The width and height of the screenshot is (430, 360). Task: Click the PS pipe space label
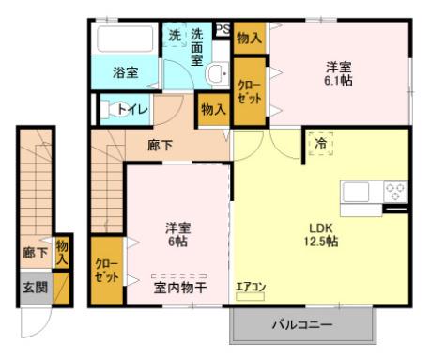(223, 29)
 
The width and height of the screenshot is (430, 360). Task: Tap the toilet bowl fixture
(115, 109)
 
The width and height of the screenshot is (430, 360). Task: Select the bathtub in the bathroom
(125, 39)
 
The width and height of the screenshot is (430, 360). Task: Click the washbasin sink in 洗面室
(218, 73)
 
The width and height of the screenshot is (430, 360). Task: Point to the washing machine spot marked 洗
(175, 36)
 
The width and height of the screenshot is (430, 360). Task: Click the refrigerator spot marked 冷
(320, 144)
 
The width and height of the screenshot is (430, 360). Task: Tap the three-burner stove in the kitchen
(395, 192)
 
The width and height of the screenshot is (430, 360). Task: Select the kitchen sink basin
(356, 192)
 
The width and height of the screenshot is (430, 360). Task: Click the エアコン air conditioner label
(251, 287)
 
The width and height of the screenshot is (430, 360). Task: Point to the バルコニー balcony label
(302, 324)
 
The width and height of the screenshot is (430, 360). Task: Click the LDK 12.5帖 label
(321, 234)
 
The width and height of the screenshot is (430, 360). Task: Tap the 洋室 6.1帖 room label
(338, 74)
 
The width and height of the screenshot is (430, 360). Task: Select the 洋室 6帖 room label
(177, 234)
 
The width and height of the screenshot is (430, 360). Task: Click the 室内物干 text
(180, 288)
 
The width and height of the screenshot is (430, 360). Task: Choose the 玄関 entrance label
(36, 288)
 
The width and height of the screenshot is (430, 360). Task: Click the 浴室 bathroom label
(125, 72)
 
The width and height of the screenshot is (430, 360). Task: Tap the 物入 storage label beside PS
(249, 39)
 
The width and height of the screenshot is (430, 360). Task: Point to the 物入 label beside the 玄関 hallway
(62, 253)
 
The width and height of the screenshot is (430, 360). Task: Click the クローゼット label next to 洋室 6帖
(107, 271)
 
